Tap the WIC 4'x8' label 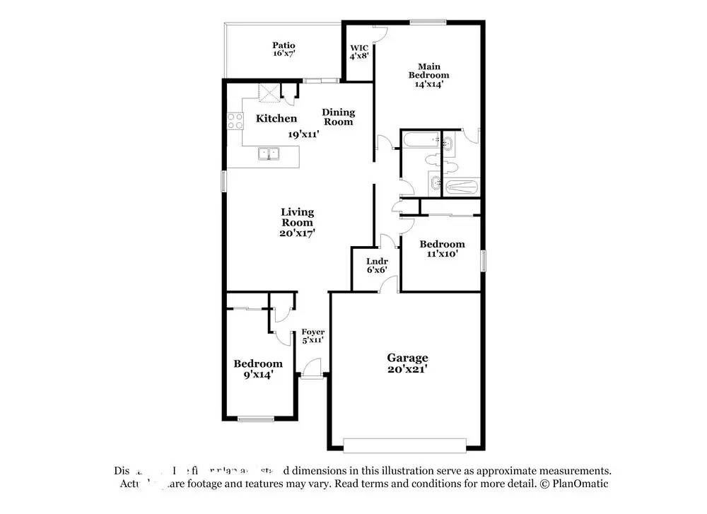coord(358,53)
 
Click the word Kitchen coord(276,118)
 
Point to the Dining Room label coord(338,117)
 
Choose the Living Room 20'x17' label coord(297,221)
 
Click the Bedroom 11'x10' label coord(442,249)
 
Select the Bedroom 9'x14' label coord(258,368)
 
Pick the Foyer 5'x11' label coord(312,335)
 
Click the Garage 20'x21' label coord(407,363)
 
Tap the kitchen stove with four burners coord(233,121)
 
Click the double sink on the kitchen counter coord(269,153)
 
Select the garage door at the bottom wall coord(404,445)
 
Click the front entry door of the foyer coord(312,368)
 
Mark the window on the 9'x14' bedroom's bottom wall coord(255,419)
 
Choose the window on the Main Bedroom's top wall coord(428,22)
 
